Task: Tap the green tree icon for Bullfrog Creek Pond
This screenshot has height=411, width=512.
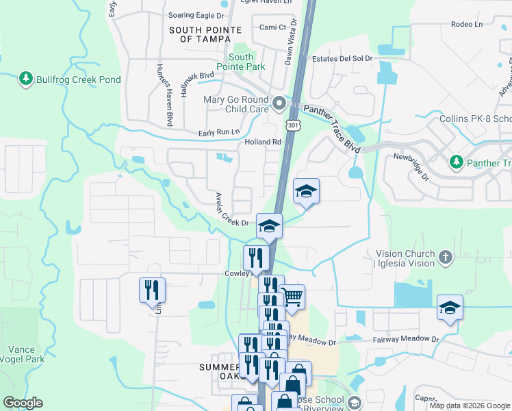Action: click(x=26, y=79)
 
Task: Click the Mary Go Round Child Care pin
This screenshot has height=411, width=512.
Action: click(x=279, y=104)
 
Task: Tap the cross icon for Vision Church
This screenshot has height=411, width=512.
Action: click(x=446, y=258)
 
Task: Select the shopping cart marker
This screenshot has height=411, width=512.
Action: click(x=292, y=297)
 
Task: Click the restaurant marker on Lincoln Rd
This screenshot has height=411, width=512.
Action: click(x=152, y=290)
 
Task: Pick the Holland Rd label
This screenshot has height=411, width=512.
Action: click(x=264, y=142)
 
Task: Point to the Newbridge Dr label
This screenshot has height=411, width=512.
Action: click(x=410, y=166)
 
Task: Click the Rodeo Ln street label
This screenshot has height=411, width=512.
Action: click(x=467, y=24)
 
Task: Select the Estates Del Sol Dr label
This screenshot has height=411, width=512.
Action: click(x=342, y=59)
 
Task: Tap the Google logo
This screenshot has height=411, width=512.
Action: click(x=23, y=402)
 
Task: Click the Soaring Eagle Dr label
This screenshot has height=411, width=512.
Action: click(x=196, y=14)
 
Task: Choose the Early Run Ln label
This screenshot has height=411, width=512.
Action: click(x=220, y=132)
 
